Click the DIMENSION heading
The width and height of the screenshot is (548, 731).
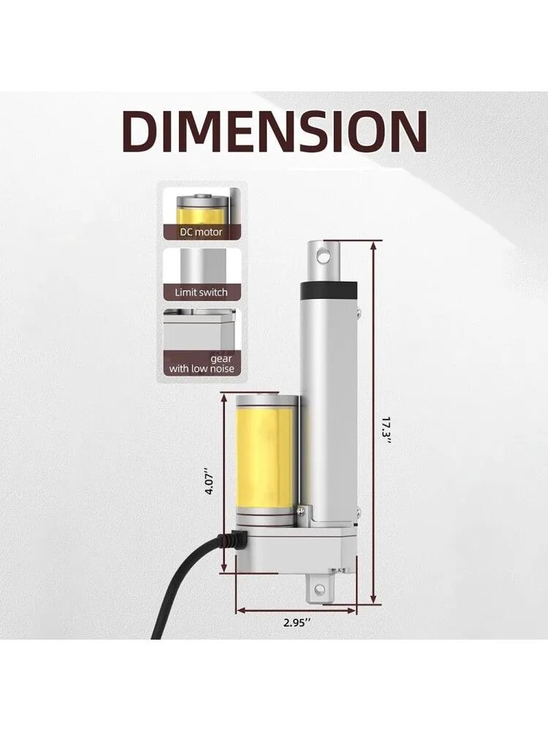coord(277,132)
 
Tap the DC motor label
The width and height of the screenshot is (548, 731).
coord(202,232)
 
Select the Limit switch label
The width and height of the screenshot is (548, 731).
coord(202,293)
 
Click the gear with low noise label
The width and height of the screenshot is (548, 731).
coord(202,363)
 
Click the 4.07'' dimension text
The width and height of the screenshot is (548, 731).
coord(210,482)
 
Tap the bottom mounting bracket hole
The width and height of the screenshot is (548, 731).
coord(320,589)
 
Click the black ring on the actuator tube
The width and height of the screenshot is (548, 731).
coord(330,290)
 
